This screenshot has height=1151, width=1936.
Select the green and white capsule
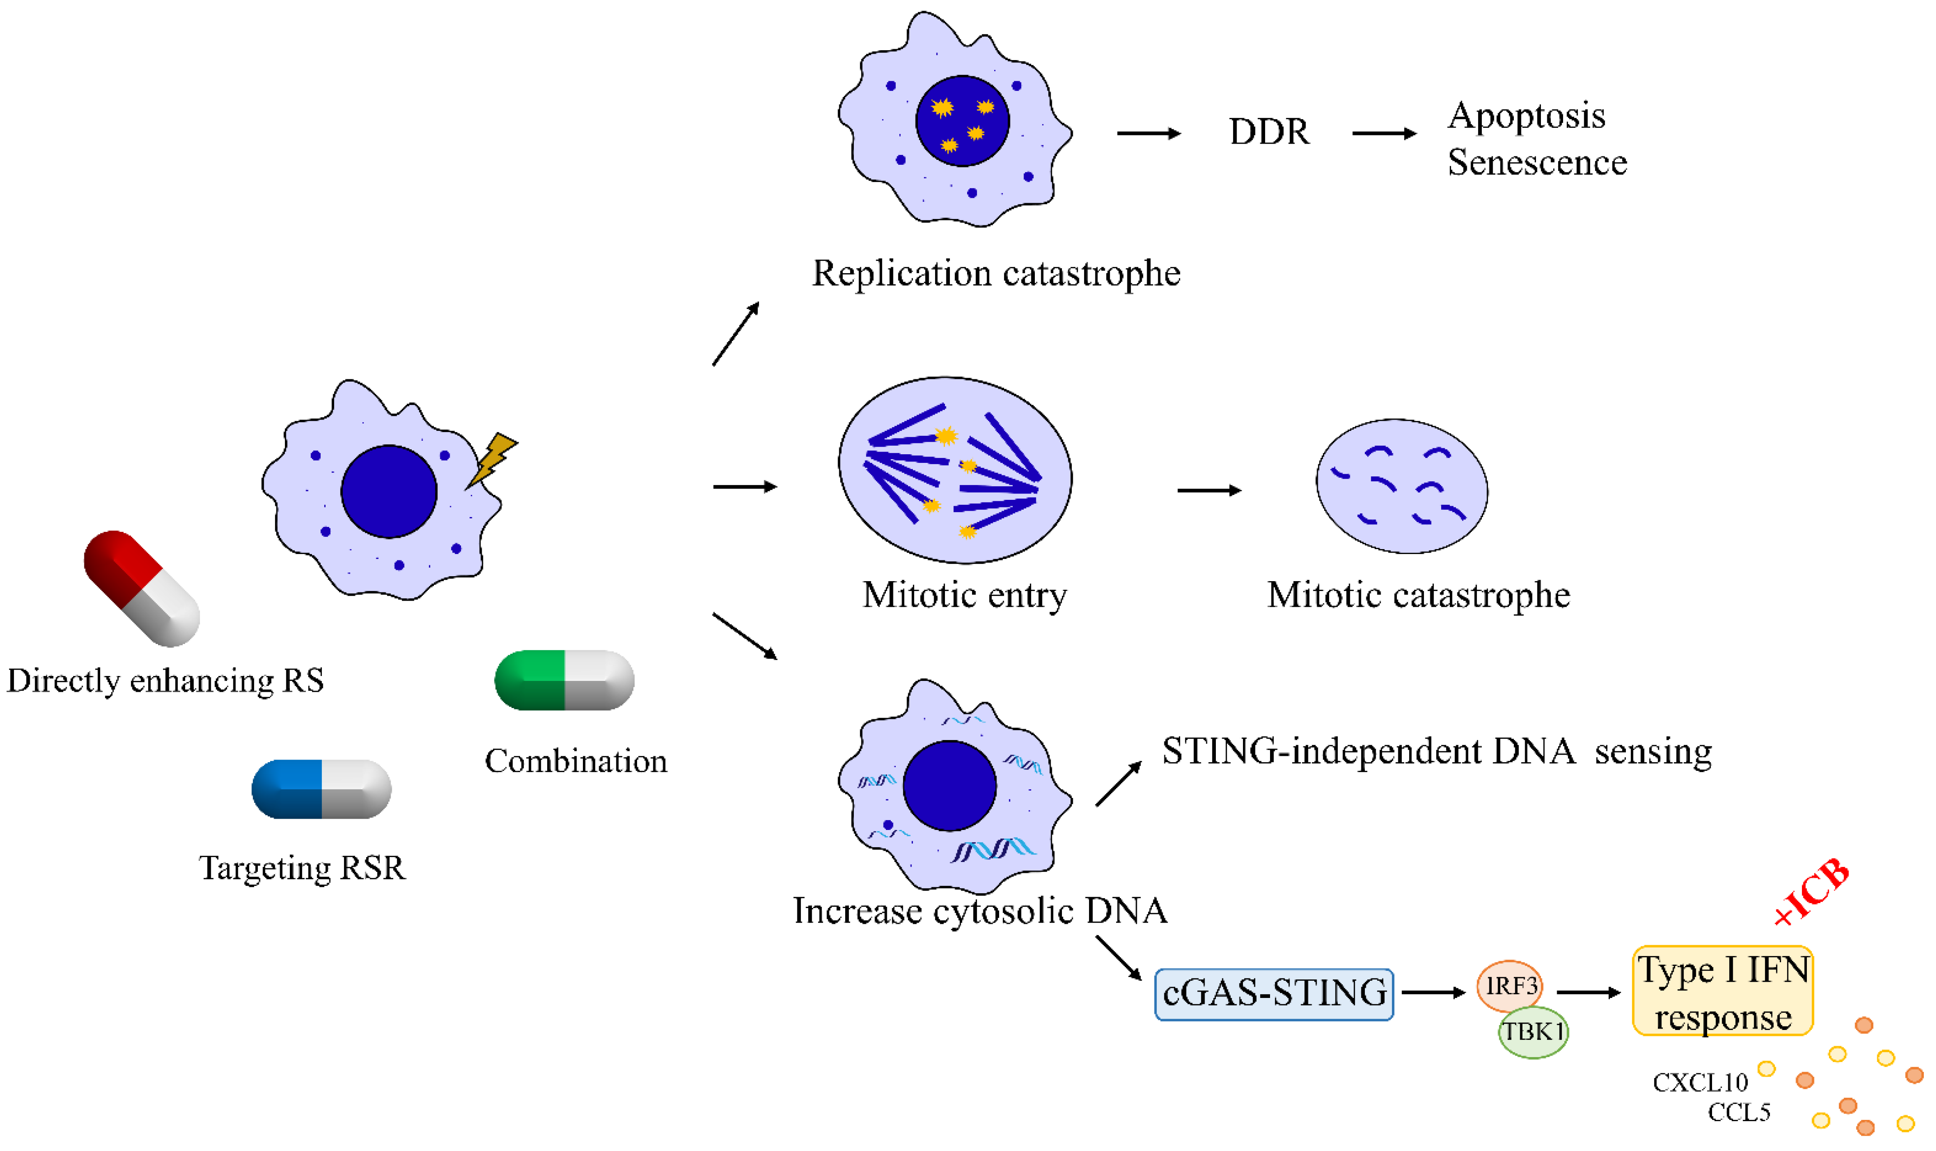564,680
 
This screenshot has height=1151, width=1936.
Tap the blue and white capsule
321,789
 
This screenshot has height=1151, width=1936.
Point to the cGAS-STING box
1273,993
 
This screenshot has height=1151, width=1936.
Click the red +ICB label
1812,893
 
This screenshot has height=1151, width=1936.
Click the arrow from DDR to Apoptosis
1383,133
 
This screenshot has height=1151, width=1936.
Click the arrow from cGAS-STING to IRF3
1433,992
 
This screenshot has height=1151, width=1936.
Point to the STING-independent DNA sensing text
1436,751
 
